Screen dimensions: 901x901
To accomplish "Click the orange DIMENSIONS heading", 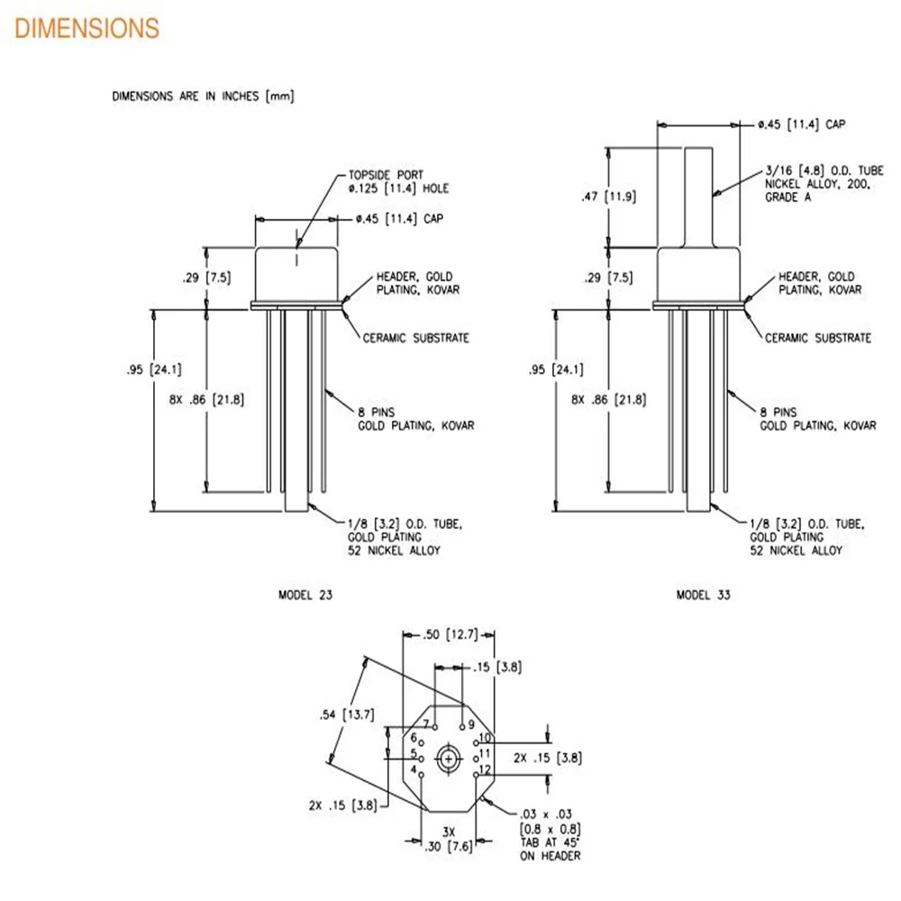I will (87, 29).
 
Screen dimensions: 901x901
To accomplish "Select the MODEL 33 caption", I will (704, 595).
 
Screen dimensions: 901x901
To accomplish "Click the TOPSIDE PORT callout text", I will (398, 182).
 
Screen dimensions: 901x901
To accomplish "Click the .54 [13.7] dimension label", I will (347, 715).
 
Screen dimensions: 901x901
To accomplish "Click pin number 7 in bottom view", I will (427, 724).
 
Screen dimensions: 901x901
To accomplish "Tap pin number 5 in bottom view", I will (414, 754).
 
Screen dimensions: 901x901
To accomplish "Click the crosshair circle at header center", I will (448, 759).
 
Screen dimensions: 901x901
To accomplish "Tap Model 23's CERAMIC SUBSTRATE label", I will (415, 338).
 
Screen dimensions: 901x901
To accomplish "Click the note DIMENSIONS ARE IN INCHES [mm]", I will (203, 96).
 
